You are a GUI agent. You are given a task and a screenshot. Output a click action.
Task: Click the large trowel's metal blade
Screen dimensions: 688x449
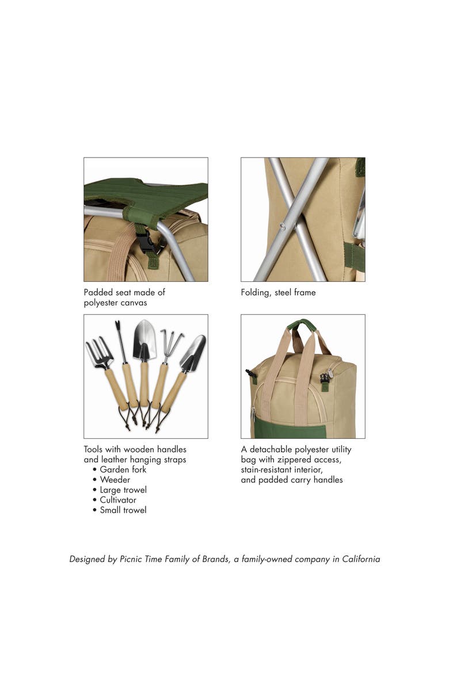click(x=144, y=340)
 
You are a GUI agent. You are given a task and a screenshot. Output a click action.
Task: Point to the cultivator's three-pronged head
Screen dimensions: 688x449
click(x=170, y=343)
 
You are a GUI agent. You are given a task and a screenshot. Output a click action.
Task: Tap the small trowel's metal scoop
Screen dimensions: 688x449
click(x=193, y=353)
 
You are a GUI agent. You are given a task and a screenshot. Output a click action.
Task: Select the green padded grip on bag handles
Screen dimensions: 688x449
click(x=302, y=324)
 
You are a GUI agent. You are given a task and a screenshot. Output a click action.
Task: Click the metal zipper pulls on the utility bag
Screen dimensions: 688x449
click(x=326, y=376)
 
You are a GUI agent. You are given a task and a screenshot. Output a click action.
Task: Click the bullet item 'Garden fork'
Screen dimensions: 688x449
click(x=123, y=469)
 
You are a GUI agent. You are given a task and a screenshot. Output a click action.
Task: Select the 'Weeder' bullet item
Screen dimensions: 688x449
click(x=115, y=480)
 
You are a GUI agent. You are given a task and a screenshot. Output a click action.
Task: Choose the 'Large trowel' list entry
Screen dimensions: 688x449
click(x=123, y=490)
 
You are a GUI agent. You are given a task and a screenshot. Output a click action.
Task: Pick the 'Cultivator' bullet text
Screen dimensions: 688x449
click(x=118, y=500)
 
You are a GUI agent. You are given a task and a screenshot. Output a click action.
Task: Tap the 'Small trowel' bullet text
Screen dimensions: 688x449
click(x=123, y=510)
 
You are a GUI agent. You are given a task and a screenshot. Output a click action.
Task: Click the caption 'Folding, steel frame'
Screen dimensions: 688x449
click(x=278, y=293)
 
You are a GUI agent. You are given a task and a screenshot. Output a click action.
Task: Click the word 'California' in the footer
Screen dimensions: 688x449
click(x=361, y=559)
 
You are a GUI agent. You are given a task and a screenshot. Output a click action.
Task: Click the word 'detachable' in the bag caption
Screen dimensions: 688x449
click(x=269, y=449)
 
